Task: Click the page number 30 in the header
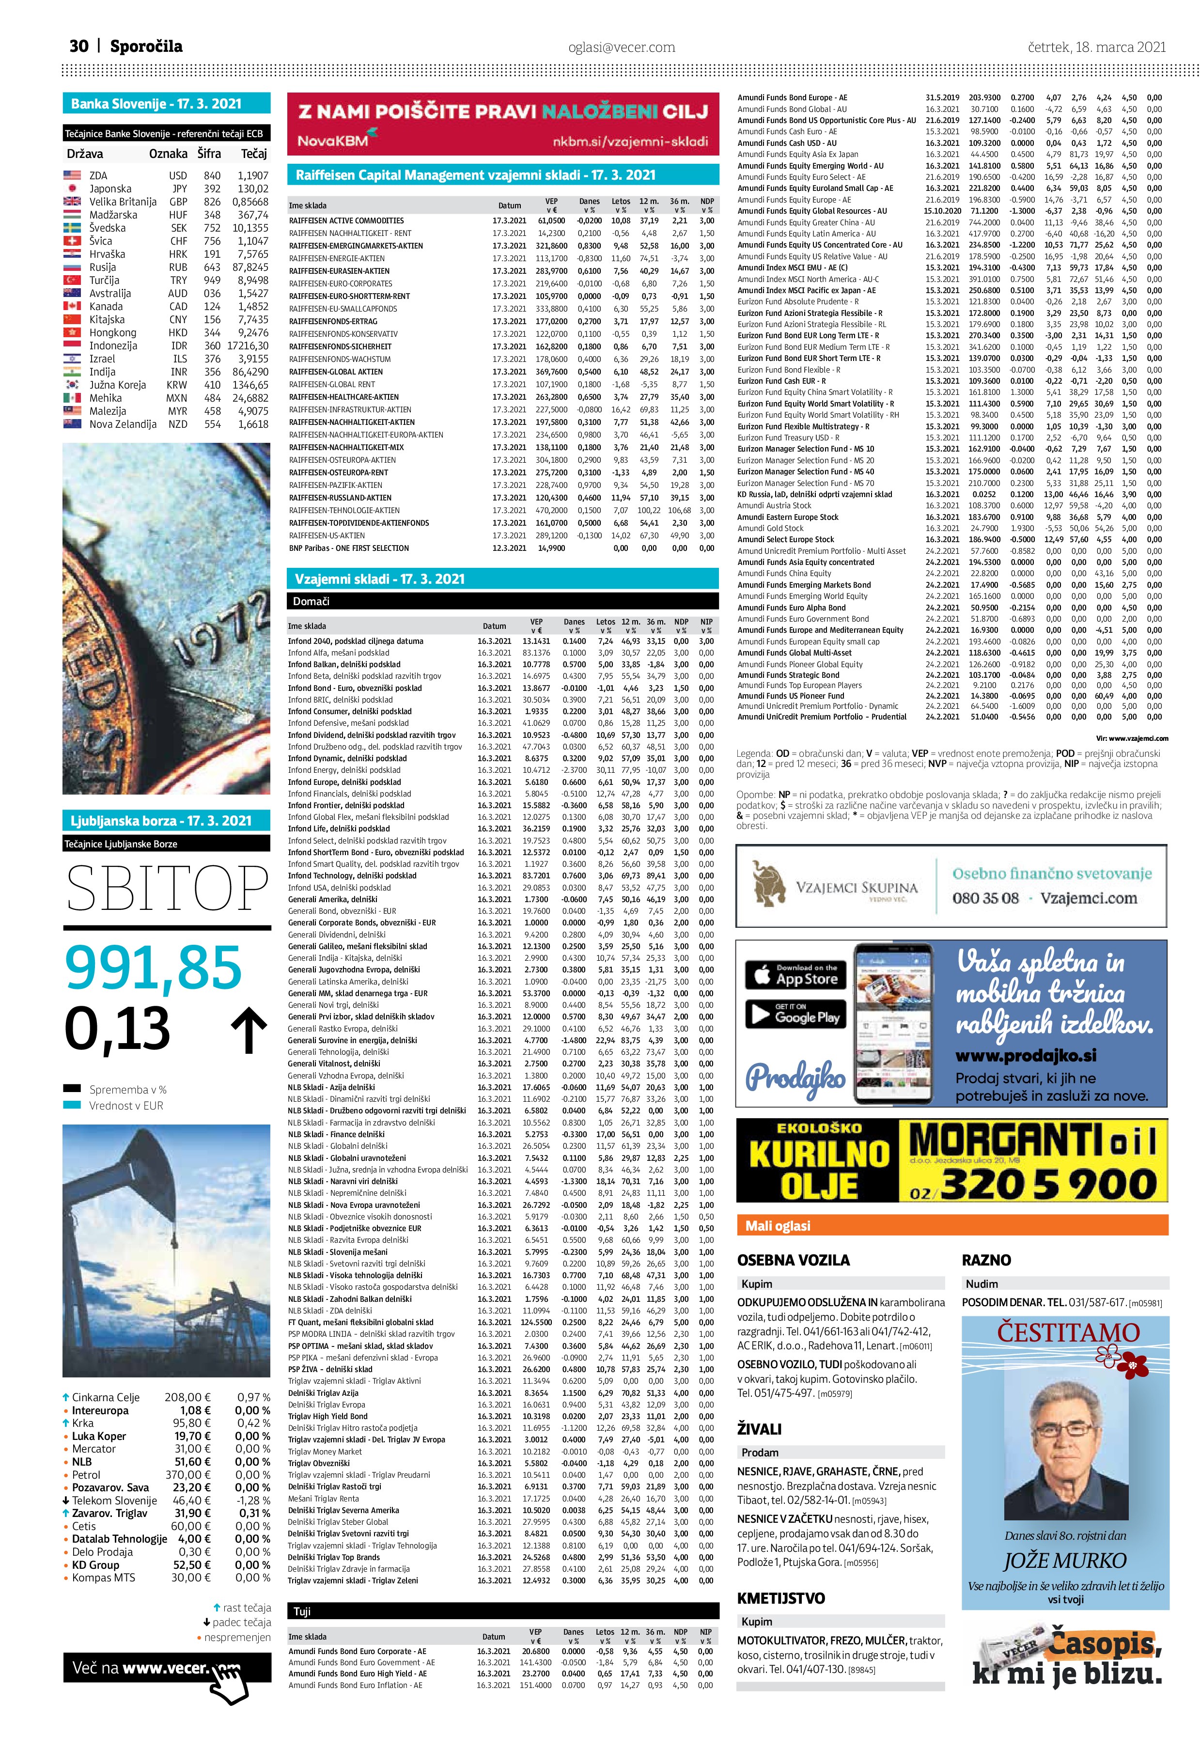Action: [78, 47]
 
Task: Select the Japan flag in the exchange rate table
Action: [72, 189]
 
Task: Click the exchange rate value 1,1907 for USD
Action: [253, 175]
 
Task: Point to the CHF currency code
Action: [178, 241]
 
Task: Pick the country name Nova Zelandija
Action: [123, 424]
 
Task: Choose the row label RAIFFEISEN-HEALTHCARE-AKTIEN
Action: [344, 397]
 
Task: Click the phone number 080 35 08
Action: [985, 898]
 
